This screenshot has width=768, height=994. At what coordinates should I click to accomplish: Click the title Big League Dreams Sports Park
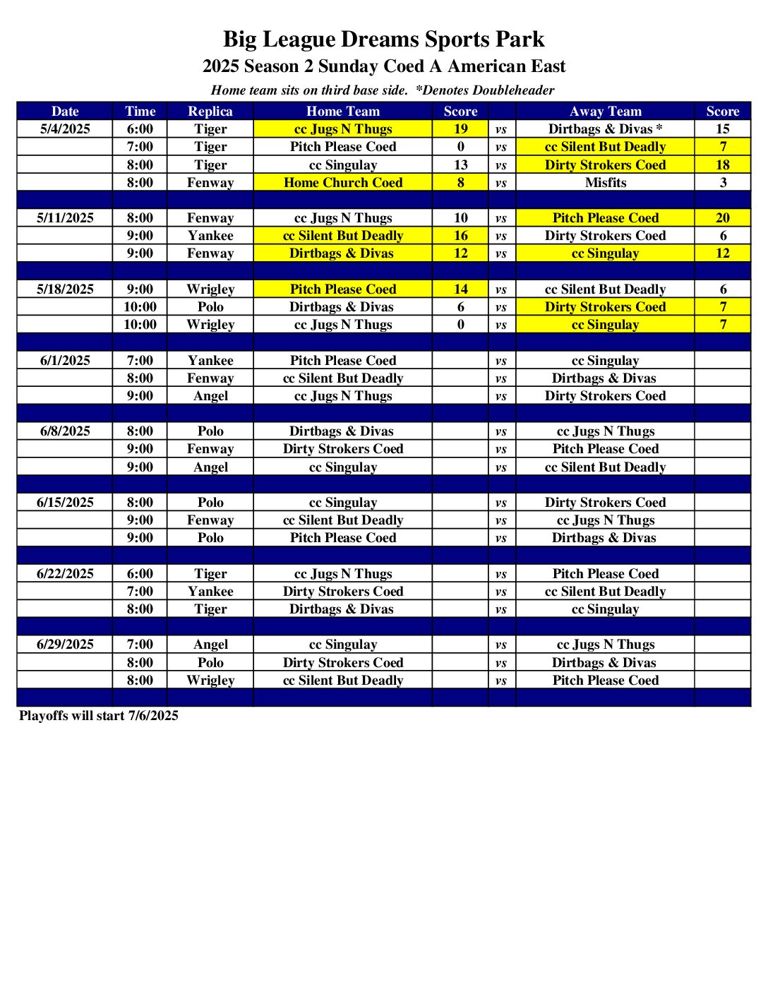tap(383, 40)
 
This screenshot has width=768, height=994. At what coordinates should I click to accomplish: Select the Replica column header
tap(210, 111)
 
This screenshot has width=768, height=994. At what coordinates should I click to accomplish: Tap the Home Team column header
tap(342, 111)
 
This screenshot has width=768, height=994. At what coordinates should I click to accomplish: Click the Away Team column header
tap(605, 111)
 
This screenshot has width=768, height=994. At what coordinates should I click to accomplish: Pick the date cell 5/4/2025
tap(65, 129)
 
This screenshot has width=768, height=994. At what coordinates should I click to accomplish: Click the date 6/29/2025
tap(65, 645)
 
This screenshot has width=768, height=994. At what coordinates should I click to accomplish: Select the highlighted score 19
tap(460, 129)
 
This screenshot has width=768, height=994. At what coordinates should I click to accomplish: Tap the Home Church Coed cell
tap(342, 182)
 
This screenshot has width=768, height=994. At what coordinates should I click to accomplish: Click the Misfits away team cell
tap(605, 182)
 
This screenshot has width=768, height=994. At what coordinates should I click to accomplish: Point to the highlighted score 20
tap(722, 218)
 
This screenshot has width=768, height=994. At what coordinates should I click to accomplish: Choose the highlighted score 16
tap(460, 236)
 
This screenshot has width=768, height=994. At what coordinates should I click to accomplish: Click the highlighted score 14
tap(460, 289)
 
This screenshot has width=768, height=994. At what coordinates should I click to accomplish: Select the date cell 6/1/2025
tap(65, 361)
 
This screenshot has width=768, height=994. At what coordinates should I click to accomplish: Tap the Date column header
tap(65, 111)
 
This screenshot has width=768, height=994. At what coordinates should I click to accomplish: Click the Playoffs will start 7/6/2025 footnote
tap(99, 716)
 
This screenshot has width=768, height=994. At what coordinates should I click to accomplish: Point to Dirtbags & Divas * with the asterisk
tap(605, 129)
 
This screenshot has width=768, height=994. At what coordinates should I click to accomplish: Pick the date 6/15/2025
tap(65, 503)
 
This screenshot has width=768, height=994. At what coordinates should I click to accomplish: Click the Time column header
tap(140, 111)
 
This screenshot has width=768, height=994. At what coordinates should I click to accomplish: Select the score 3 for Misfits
tap(722, 182)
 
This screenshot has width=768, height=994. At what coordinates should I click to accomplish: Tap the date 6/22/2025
tap(65, 574)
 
